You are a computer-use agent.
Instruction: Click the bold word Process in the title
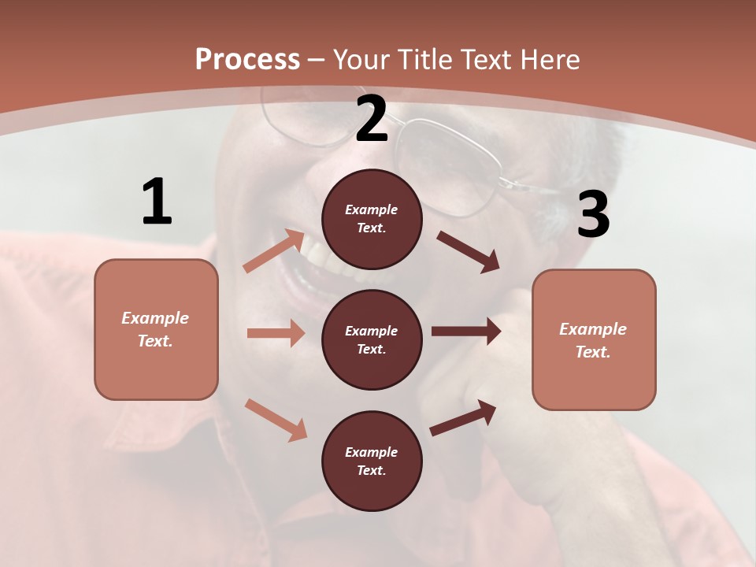tap(247, 59)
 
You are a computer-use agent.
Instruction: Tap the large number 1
tap(157, 202)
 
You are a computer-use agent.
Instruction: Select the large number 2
tap(372, 119)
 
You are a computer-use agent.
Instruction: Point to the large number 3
tap(593, 214)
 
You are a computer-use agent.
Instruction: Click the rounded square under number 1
tap(156, 329)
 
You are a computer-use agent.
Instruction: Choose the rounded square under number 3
tap(594, 339)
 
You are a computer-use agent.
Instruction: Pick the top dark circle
tap(372, 219)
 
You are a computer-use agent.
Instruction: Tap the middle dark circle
tap(372, 339)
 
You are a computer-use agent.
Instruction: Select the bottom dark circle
tap(372, 461)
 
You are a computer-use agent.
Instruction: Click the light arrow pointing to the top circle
tap(274, 250)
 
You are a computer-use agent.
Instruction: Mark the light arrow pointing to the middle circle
tap(276, 333)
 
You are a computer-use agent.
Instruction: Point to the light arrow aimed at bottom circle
tap(276, 419)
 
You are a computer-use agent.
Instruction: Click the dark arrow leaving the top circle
tap(469, 252)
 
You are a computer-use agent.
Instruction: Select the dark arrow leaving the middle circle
tap(466, 332)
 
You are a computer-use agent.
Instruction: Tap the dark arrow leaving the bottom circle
tap(463, 417)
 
